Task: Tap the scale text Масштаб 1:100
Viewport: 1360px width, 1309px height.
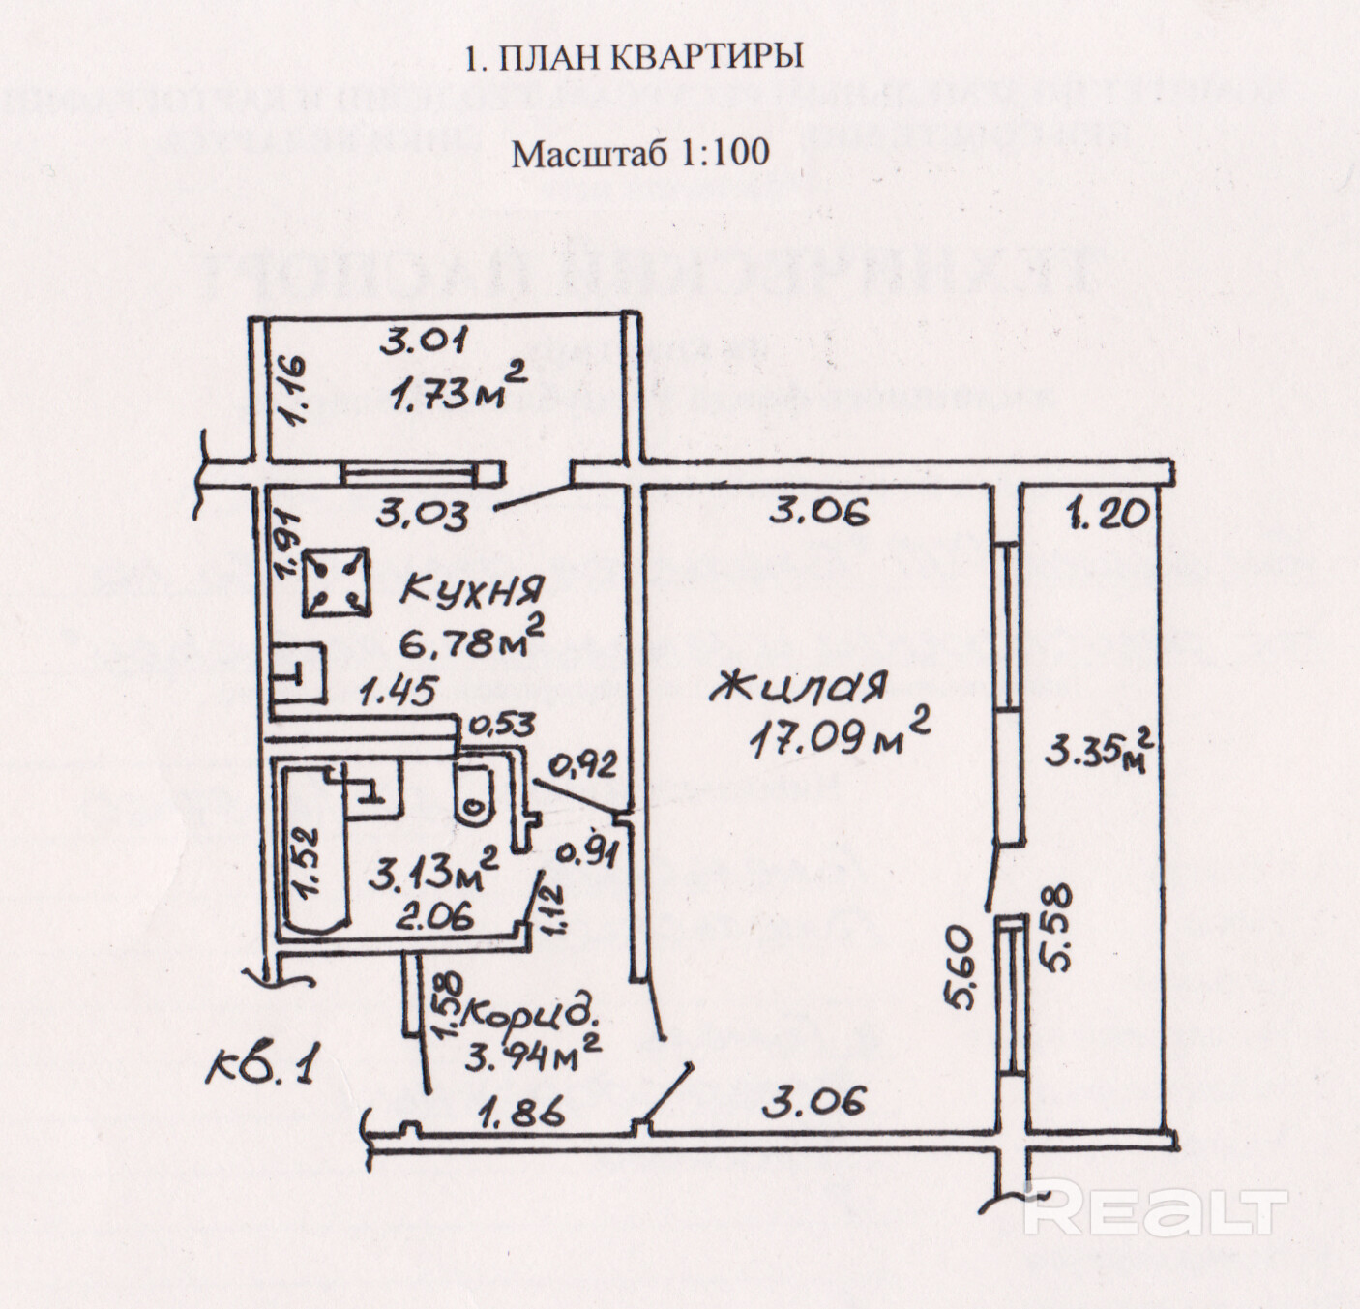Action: click(x=639, y=152)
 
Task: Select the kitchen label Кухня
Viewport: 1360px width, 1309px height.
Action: click(x=473, y=589)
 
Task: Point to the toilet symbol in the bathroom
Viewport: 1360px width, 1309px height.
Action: click(x=472, y=794)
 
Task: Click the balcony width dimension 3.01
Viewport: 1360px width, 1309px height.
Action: click(x=424, y=341)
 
